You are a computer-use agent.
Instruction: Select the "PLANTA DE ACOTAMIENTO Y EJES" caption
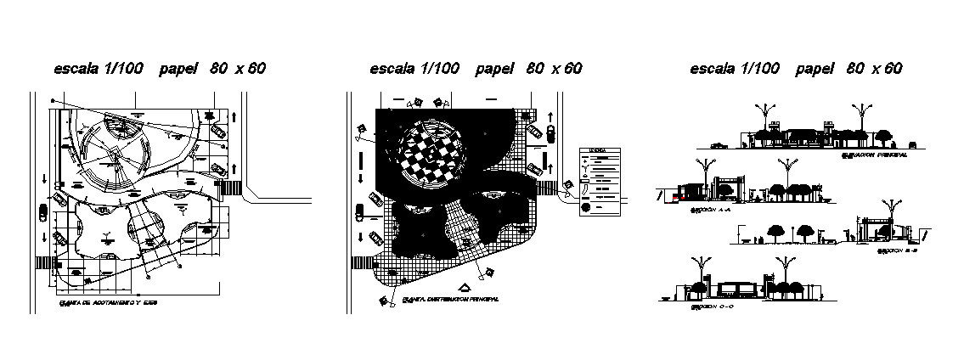click(x=109, y=301)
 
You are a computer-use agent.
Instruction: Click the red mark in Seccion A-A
click(x=675, y=198)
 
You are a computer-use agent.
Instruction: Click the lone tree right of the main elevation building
click(x=884, y=135)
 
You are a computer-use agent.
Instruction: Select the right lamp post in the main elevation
click(x=865, y=119)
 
